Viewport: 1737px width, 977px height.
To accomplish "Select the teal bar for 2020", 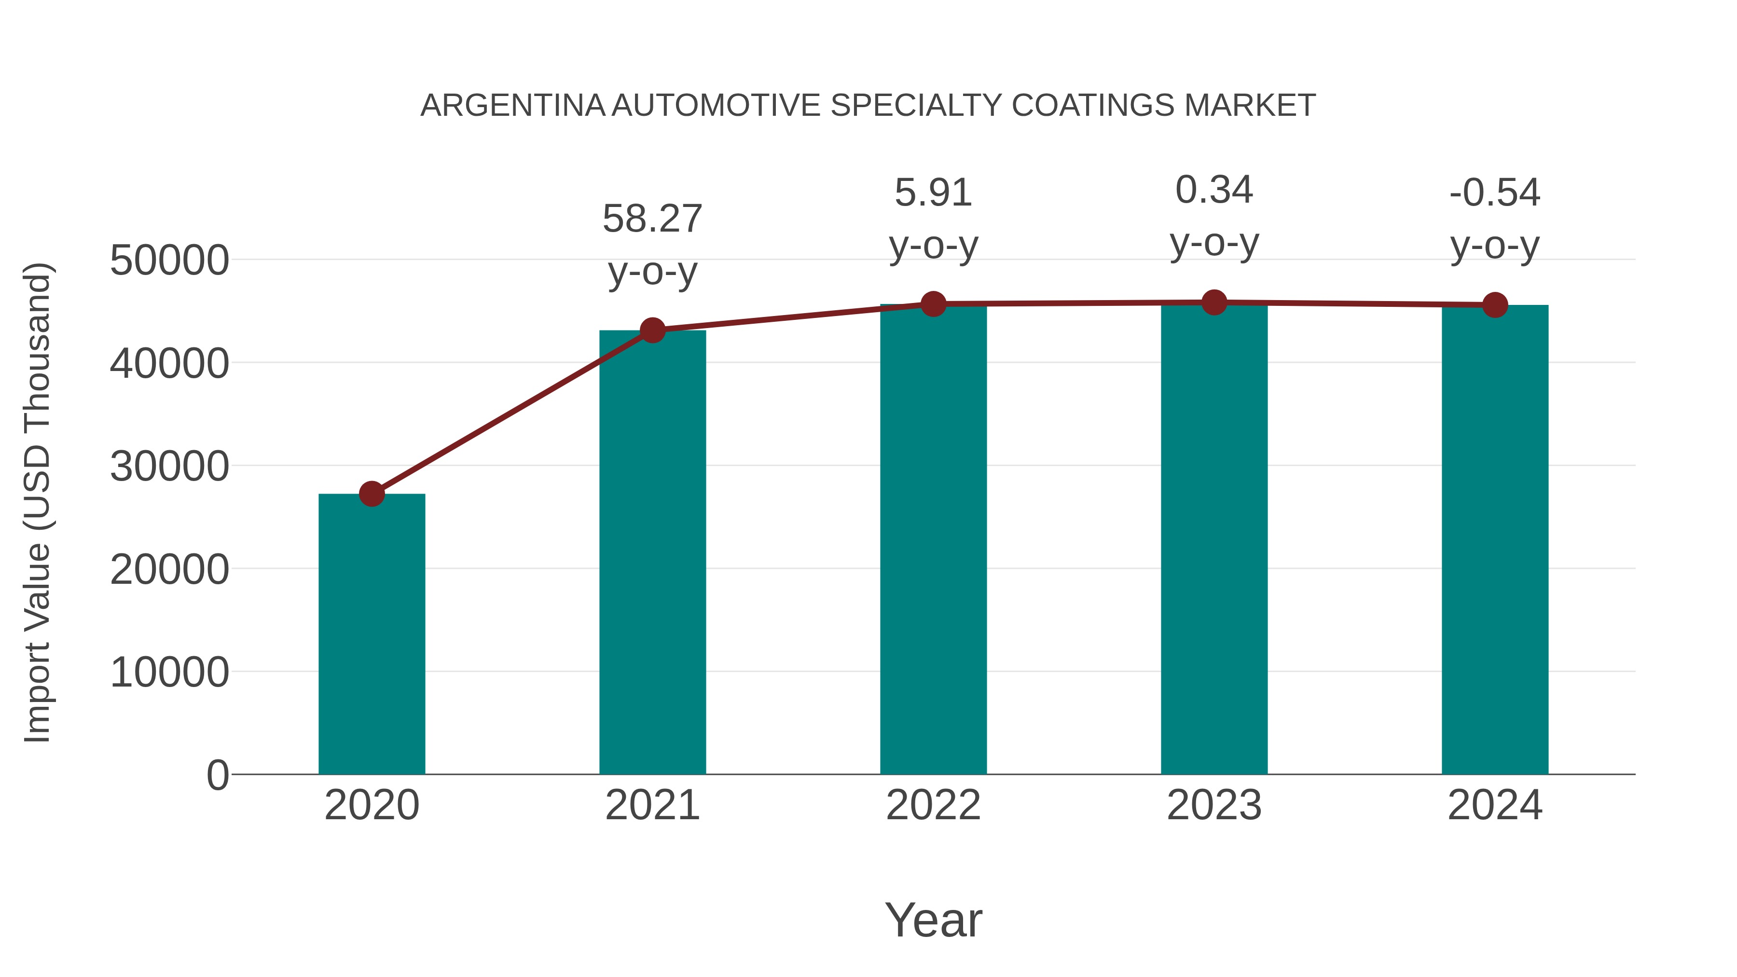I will click(372, 634).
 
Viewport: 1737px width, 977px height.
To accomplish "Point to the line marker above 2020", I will click(372, 494).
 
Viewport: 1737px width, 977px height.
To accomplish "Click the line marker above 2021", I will click(652, 330).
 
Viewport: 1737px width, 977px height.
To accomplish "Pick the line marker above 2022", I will click(933, 304).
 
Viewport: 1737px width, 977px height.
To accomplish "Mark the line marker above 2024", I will click(1495, 305).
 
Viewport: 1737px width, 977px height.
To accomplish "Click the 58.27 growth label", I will click(652, 219).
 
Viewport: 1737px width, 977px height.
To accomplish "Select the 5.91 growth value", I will click(933, 193).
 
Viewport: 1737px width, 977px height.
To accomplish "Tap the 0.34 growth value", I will click(1214, 190).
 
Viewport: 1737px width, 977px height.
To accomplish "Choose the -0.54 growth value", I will click(1495, 193).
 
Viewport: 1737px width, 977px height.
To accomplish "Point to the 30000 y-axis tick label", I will click(169, 466).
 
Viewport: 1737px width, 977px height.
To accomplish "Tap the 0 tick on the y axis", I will click(218, 775).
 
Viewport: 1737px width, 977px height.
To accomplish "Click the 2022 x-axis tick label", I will click(933, 805).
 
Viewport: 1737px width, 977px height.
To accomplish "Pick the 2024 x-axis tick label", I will click(1495, 805).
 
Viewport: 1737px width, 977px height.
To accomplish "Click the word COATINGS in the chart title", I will click(1093, 106).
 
